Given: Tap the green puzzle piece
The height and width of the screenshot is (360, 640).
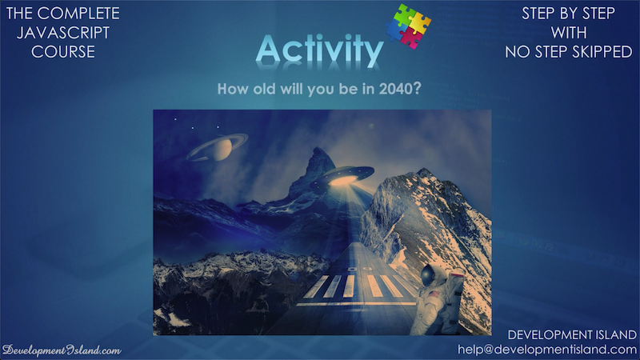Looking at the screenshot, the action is [403, 14].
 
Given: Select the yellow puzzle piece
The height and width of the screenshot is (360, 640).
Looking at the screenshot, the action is [419, 22].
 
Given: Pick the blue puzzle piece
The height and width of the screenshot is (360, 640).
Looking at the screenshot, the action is [396, 30].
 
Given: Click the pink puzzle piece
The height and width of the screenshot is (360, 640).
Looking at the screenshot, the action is [411, 38].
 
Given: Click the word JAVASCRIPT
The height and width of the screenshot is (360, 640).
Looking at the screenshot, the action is [63, 33].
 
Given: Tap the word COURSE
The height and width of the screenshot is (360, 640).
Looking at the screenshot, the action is [63, 52].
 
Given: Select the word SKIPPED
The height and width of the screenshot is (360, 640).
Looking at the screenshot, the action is [602, 52].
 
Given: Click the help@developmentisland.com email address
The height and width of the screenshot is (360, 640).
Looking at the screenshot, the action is [547, 350].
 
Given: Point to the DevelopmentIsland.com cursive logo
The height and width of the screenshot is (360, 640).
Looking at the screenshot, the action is [62, 350].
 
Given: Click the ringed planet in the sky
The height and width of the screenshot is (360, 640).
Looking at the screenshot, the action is [217, 147].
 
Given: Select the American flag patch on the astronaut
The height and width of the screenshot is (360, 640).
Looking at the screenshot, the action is [434, 294].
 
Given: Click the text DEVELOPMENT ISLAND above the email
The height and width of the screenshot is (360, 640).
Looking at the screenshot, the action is [572, 334].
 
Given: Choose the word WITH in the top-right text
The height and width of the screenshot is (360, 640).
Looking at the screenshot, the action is [569, 33].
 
